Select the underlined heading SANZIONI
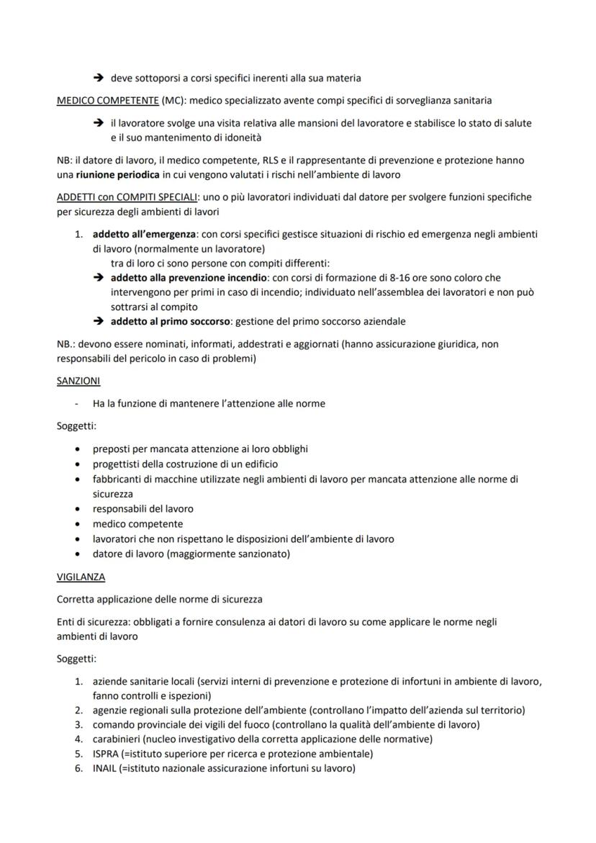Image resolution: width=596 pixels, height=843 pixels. point(78,380)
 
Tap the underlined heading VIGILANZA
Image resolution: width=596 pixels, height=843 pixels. point(81,577)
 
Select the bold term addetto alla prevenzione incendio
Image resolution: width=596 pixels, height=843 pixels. point(187,278)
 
